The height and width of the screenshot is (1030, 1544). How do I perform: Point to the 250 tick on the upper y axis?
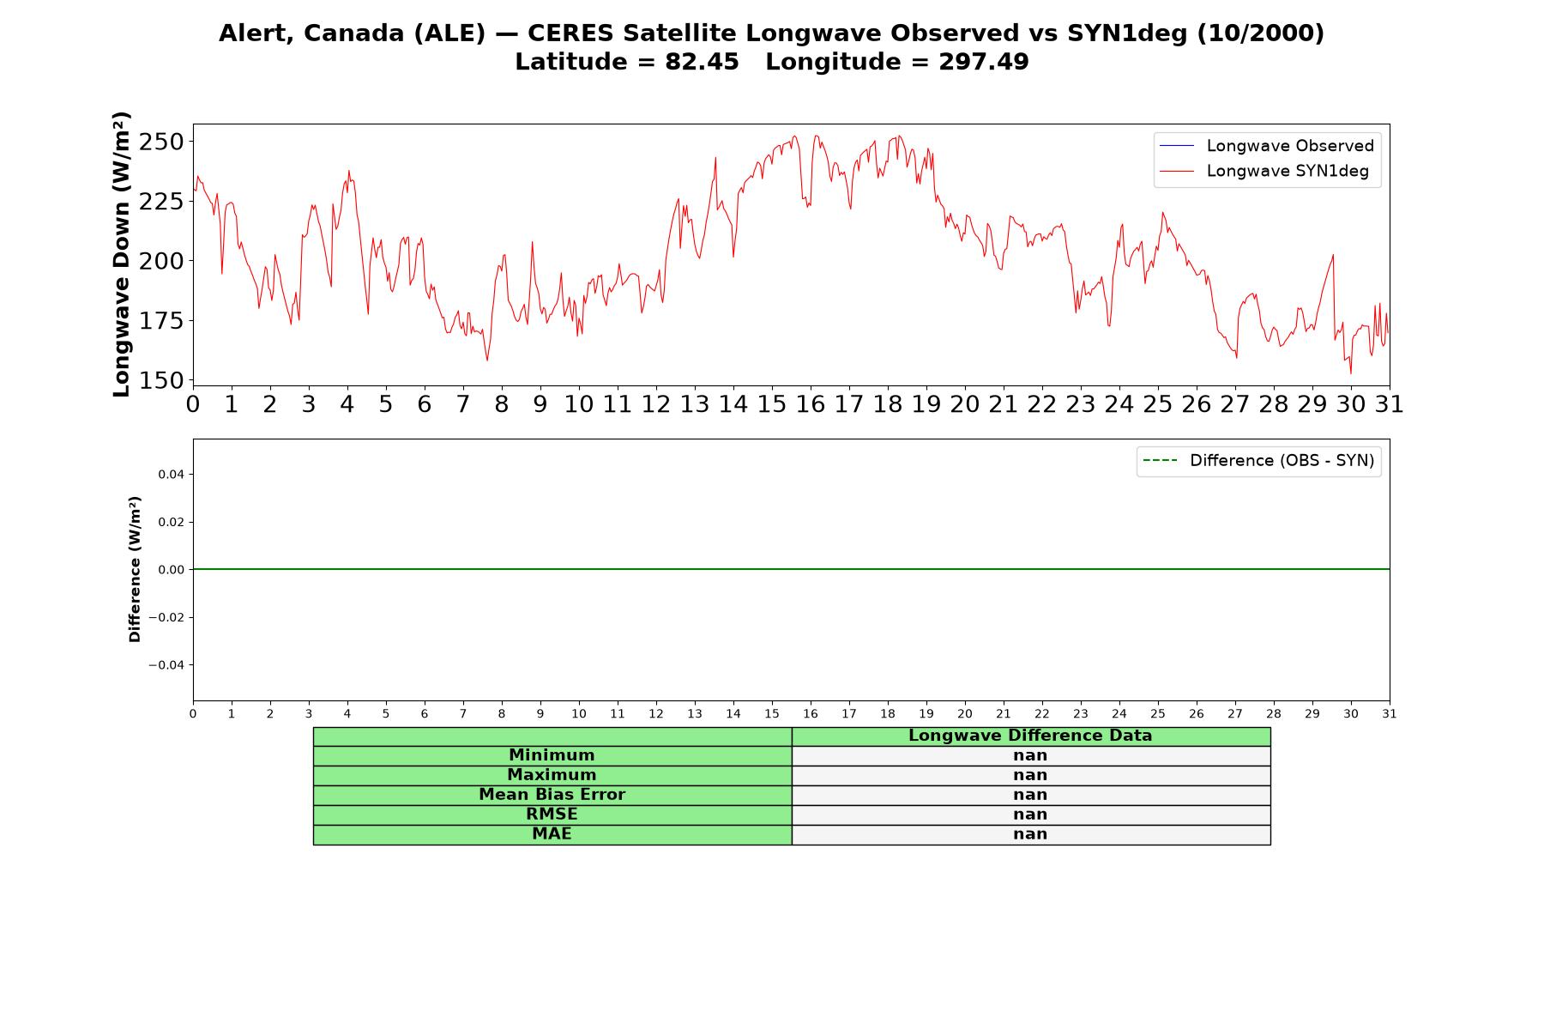click(x=161, y=142)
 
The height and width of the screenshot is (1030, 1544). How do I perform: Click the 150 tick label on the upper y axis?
click(x=161, y=380)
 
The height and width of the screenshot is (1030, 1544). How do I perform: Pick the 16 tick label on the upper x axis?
click(x=810, y=404)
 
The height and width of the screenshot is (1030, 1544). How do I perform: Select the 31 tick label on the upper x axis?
click(x=1389, y=404)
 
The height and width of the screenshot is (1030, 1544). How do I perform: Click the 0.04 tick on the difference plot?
click(x=172, y=475)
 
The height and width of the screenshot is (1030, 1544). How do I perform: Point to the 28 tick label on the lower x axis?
click(x=1274, y=713)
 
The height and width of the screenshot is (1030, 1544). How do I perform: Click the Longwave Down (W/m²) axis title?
click(x=121, y=254)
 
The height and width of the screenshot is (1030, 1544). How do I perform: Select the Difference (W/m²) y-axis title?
click(x=135, y=569)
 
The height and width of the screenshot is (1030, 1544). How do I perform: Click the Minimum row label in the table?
click(x=552, y=755)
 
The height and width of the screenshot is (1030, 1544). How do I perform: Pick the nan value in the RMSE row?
click(x=1030, y=815)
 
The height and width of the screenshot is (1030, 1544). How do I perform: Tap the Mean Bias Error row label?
click(x=552, y=795)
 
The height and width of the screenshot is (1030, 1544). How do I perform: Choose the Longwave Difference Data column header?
click(x=1030, y=736)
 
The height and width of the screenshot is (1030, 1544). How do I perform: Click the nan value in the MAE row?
click(x=1030, y=834)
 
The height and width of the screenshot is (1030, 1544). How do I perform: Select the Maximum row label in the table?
click(x=552, y=775)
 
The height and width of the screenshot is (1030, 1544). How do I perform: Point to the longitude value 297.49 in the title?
click(x=983, y=63)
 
